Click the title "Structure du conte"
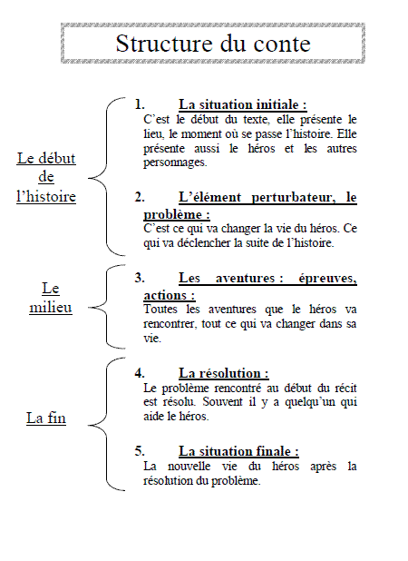213,44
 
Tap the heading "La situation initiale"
242,104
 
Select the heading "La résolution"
223,373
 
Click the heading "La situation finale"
238,451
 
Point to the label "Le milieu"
51,297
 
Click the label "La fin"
46,418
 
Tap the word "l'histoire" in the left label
46,196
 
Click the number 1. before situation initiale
140,104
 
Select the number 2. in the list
140,197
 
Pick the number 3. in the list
140,279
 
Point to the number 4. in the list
140,373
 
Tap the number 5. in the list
140,451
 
